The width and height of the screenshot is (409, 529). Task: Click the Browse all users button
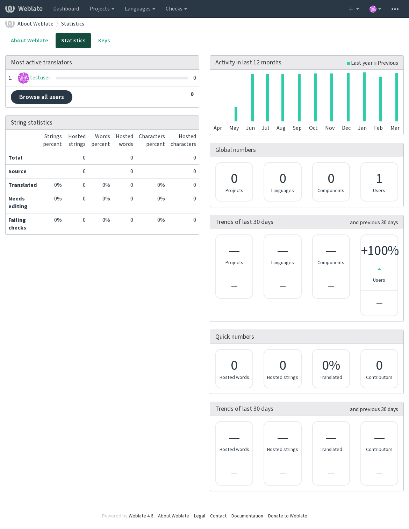(41, 97)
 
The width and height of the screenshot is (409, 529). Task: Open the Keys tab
(104, 41)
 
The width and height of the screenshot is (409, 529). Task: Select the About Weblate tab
(29, 41)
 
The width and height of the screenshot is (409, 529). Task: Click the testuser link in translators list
(40, 78)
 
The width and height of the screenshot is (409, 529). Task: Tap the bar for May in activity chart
(236, 114)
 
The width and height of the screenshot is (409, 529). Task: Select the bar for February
(380, 99)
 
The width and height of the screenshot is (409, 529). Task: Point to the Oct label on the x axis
(313, 128)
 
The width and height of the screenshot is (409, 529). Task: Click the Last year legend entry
(360, 63)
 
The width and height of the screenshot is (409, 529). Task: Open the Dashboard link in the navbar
(66, 9)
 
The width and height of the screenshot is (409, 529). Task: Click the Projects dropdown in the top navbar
(102, 9)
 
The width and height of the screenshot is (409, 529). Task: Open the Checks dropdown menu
(176, 9)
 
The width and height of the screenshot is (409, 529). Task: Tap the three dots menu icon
(395, 9)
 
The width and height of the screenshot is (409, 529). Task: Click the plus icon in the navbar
(351, 9)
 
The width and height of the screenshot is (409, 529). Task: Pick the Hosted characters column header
(183, 140)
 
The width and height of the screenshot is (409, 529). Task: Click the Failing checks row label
(17, 224)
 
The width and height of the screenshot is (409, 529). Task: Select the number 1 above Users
(379, 179)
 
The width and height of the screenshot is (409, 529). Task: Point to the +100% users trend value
(380, 251)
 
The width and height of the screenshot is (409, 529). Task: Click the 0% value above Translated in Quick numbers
(331, 365)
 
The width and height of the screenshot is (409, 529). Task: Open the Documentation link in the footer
(247, 516)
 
